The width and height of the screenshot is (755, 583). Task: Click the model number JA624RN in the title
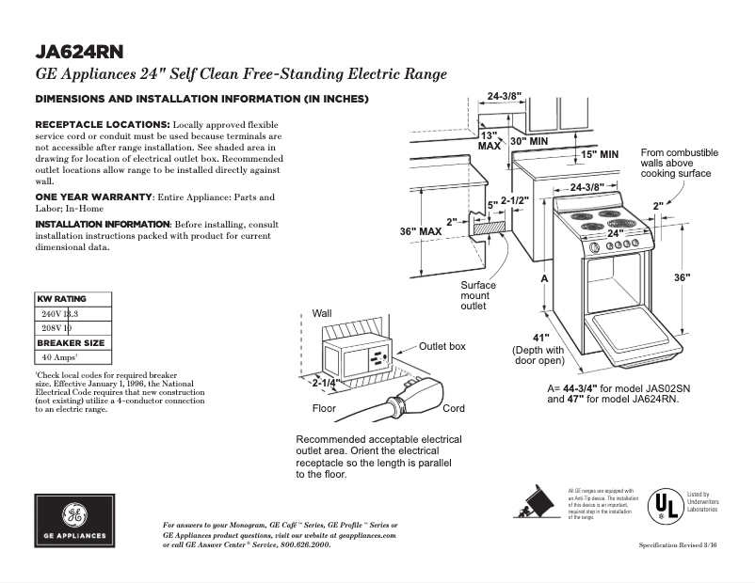pos(80,52)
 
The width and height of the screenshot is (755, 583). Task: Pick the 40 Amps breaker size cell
pos(58,358)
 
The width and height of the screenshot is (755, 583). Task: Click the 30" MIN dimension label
pos(528,141)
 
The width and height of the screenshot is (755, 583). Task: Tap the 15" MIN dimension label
pos(599,153)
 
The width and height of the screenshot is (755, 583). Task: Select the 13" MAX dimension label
pos(490,141)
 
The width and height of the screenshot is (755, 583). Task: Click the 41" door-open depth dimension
pos(540,338)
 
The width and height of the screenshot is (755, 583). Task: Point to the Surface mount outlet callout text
pos(478,296)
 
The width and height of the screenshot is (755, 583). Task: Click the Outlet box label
pos(442,347)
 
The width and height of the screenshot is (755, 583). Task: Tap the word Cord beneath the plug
pos(454,409)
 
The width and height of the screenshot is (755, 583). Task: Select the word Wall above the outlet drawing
pos(323,313)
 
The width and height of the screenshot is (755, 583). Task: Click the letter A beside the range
pos(544,280)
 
